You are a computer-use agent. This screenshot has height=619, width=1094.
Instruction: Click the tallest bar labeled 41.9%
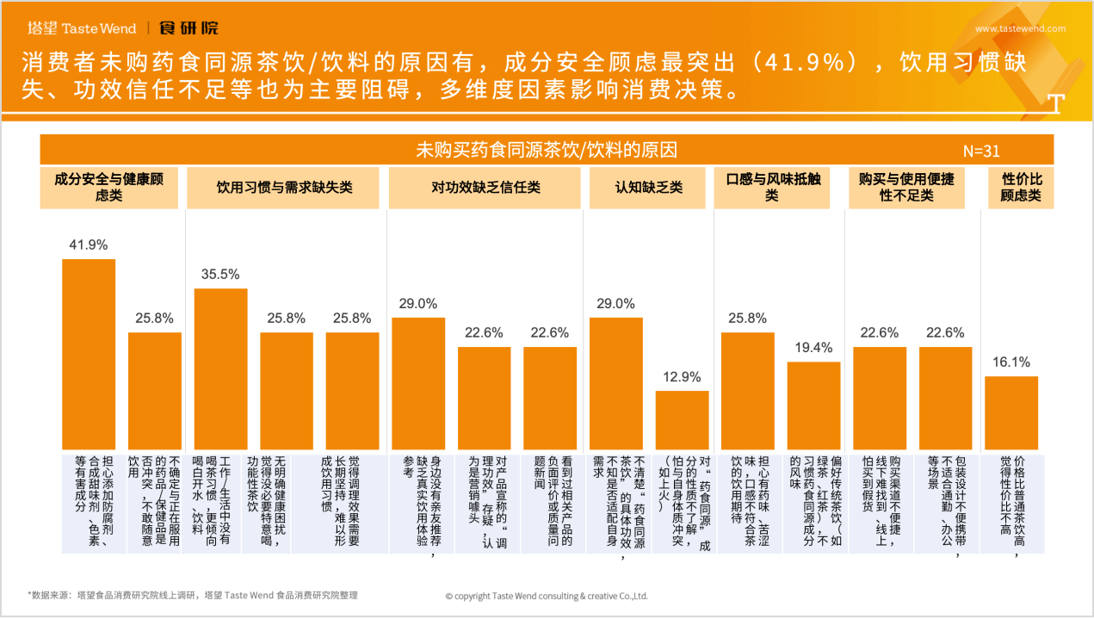[89, 353]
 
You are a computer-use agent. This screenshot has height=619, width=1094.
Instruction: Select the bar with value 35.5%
[220, 368]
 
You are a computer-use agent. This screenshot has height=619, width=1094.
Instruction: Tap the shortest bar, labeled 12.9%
[682, 419]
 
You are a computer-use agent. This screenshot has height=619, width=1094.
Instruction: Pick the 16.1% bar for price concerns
[1011, 412]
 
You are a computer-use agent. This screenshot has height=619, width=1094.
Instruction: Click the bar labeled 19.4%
[813, 405]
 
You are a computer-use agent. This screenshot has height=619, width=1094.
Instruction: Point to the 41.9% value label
[88, 245]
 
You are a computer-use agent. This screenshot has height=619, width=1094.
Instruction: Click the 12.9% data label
[682, 377]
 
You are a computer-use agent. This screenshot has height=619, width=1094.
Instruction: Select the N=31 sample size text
[981, 152]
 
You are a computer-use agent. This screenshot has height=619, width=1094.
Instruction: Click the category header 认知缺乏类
[648, 187]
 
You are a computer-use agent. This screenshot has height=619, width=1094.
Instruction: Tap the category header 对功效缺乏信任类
[485, 187]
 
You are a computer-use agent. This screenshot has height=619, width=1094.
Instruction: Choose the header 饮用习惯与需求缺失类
[284, 187]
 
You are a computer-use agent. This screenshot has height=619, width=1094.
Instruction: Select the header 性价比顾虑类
[1022, 187]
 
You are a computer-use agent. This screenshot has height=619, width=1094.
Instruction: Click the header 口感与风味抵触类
[771, 187]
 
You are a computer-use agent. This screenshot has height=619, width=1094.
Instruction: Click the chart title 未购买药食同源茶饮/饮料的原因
[547, 151]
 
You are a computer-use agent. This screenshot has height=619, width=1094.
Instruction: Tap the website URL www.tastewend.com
[1020, 28]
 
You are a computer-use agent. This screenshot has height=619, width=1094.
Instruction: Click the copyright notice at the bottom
[547, 596]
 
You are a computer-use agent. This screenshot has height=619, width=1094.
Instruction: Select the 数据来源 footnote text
[193, 595]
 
